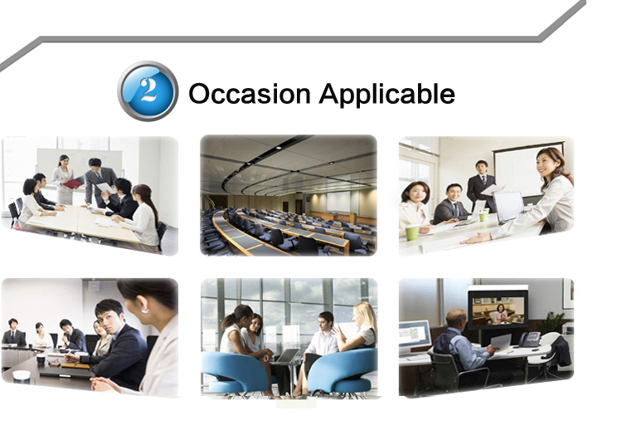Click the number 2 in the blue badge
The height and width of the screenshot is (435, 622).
click(148, 90)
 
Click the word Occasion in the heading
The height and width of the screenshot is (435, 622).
click(250, 94)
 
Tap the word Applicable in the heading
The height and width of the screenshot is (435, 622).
click(387, 95)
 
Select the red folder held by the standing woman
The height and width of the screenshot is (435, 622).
click(73, 183)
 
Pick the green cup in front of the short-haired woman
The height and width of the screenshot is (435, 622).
click(412, 232)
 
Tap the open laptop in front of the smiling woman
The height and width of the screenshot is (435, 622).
click(509, 208)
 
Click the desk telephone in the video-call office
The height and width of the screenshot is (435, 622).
click(530, 339)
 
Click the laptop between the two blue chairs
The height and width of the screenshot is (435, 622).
click(287, 355)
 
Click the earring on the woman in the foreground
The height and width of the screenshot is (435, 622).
click(145, 310)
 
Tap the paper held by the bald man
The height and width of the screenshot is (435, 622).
click(501, 343)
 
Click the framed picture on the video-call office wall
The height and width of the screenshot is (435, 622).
click(568, 293)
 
